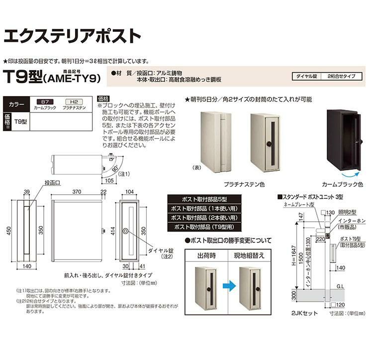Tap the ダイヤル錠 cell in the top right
[x=306, y=77]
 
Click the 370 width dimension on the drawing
[x=76, y=192]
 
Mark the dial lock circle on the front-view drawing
[x=127, y=232]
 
